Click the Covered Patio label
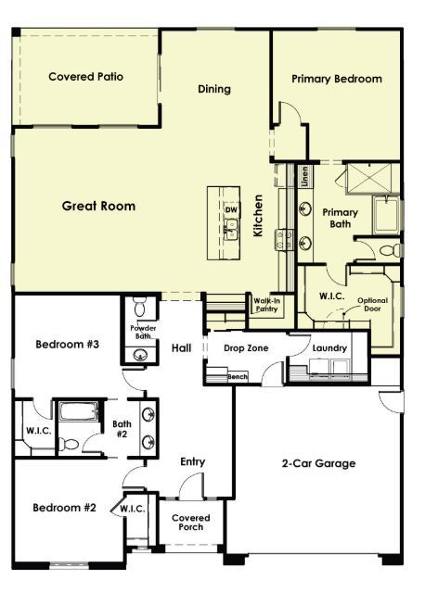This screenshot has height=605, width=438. click(85, 77)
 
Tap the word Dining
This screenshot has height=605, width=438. click(214, 90)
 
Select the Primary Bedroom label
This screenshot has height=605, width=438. click(336, 79)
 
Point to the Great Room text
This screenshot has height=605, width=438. click(98, 206)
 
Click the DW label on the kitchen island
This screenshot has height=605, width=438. click(231, 209)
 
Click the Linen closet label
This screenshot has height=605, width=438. click(305, 177)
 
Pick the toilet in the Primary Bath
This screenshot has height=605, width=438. click(391, 251)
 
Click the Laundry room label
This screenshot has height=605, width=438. click(329, 348)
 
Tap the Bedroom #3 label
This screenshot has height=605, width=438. click(67, 345)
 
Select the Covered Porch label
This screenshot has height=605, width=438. click(192, 523)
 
